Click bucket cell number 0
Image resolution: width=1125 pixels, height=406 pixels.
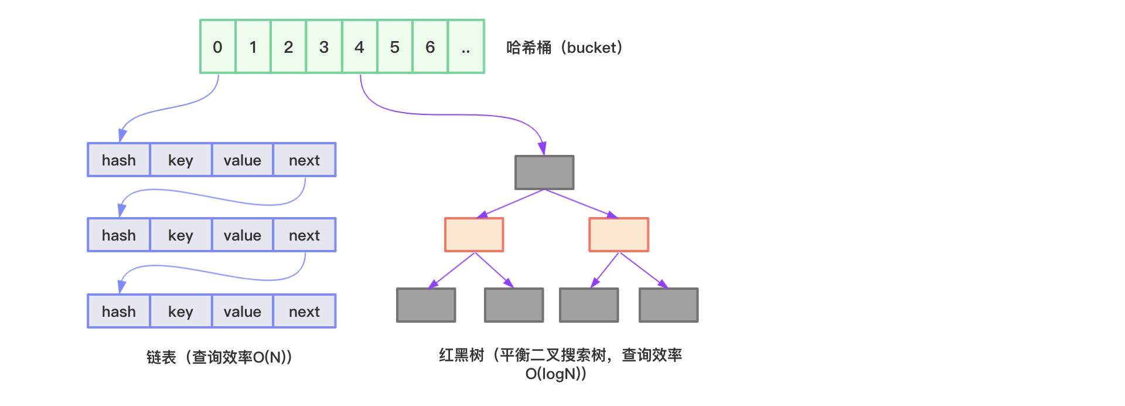tap(217, 47)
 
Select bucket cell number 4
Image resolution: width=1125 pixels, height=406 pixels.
tap(359, 47)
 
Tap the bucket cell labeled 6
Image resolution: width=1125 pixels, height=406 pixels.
tap(430, 47)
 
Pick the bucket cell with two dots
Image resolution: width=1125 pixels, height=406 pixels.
tap(466, 47)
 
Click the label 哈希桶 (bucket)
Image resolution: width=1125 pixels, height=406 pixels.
tap(564, 48)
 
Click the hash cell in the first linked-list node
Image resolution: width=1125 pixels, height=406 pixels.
tap(119, 160)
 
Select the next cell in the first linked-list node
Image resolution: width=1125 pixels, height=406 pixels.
tap(304, 160)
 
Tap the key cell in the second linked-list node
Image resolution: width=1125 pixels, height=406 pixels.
tap(180, 235)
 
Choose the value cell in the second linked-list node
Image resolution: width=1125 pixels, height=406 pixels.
tap(242, 235)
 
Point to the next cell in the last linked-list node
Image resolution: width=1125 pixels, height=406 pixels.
tap(304, 312)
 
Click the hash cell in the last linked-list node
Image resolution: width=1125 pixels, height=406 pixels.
tap(119, 312)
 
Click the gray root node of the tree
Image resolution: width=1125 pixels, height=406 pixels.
tap(544, 172)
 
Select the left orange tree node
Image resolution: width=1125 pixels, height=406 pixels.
tap(474, 235)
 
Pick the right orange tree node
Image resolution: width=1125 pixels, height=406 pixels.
tap(619, 235)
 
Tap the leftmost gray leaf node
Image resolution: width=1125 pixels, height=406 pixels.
tap(426, 305)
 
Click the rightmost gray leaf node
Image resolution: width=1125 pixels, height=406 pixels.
tap(669, 305)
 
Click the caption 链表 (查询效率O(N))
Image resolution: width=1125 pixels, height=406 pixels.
tap(219, 357)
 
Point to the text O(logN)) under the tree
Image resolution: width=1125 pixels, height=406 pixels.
tap(555, 374)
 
